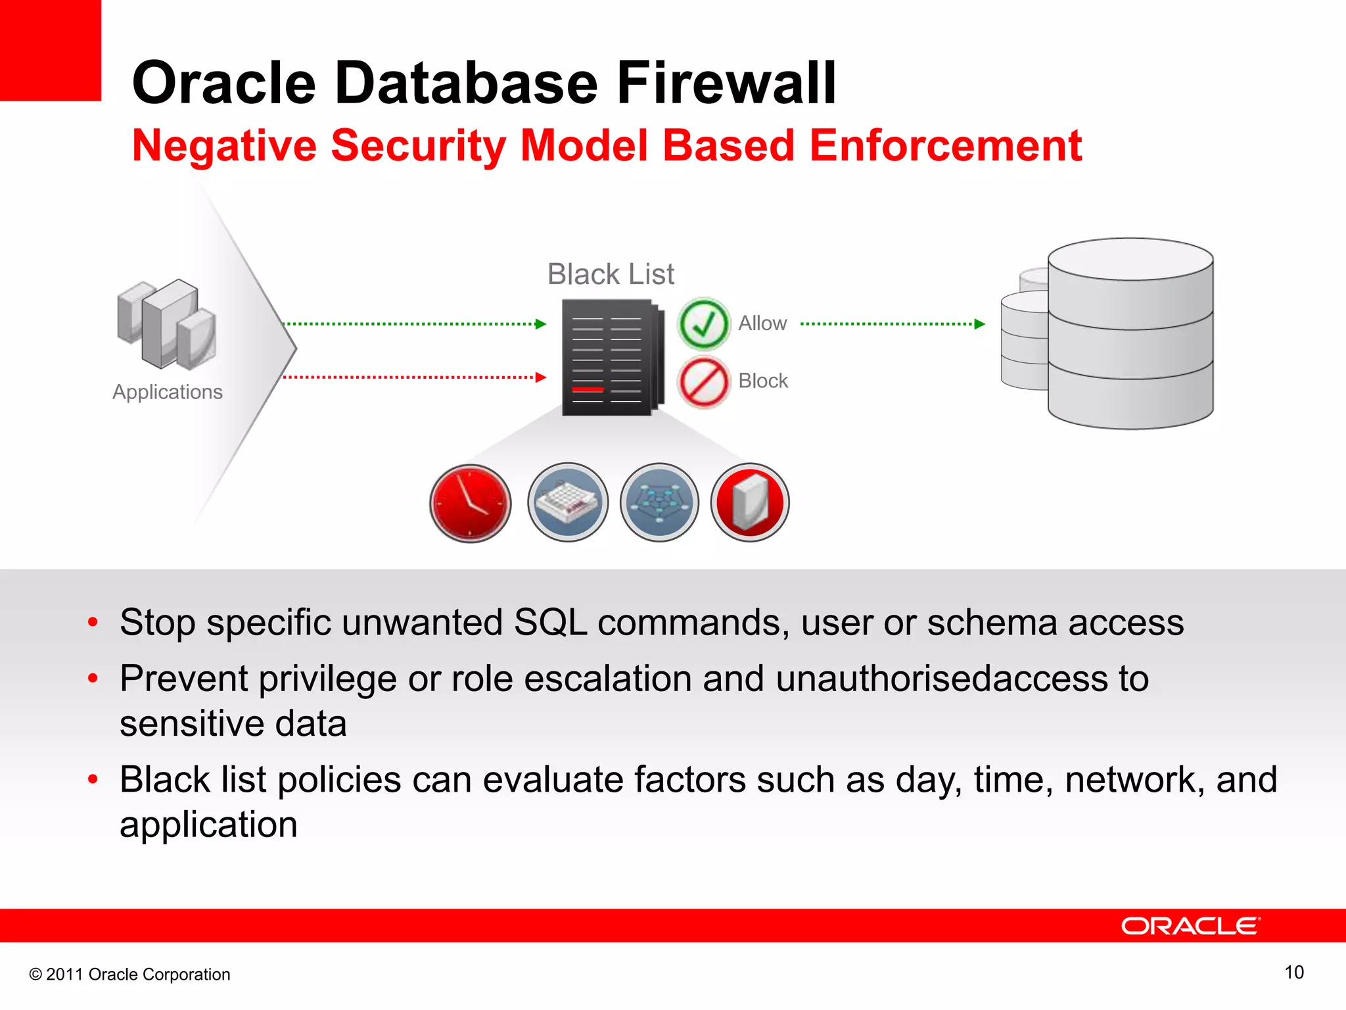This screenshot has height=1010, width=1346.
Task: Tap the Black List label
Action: pyautogui.click(x=611, y=274)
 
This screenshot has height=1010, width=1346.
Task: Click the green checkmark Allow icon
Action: pyautogui.click(x=703, y=324)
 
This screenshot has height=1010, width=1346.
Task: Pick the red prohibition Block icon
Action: pyautogui.click(x=703, y=382)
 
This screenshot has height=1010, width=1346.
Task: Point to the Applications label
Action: pyautogui.click(x=168, y=392)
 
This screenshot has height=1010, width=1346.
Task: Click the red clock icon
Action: pyautogui.click(x=470, y=503)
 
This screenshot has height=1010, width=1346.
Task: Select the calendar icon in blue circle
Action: pyautogui.click(x=568, y=503)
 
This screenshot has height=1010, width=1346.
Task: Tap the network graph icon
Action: pyautogui.click(x=659, y=503)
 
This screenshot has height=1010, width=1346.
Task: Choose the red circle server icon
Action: pyautogui.click(x=750, y=503)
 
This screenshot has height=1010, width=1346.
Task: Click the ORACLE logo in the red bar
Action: pyautogui.click(x=1190, y=926)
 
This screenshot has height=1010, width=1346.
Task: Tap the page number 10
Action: pyautogui.click(x=1293, y=973)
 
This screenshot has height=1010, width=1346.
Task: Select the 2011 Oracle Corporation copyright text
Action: pyautogui.click(x=130, y=974)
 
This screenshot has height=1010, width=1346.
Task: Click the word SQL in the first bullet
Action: pyautogui.click(x=550, y=622)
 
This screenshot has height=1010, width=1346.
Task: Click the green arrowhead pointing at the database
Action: pyautogui.click(x=979, y=324)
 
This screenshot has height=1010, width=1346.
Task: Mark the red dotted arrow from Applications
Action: pyautogui.click(x=414, y=377)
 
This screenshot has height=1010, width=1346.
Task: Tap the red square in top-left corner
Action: pyautogui.click(x=50, y=50)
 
